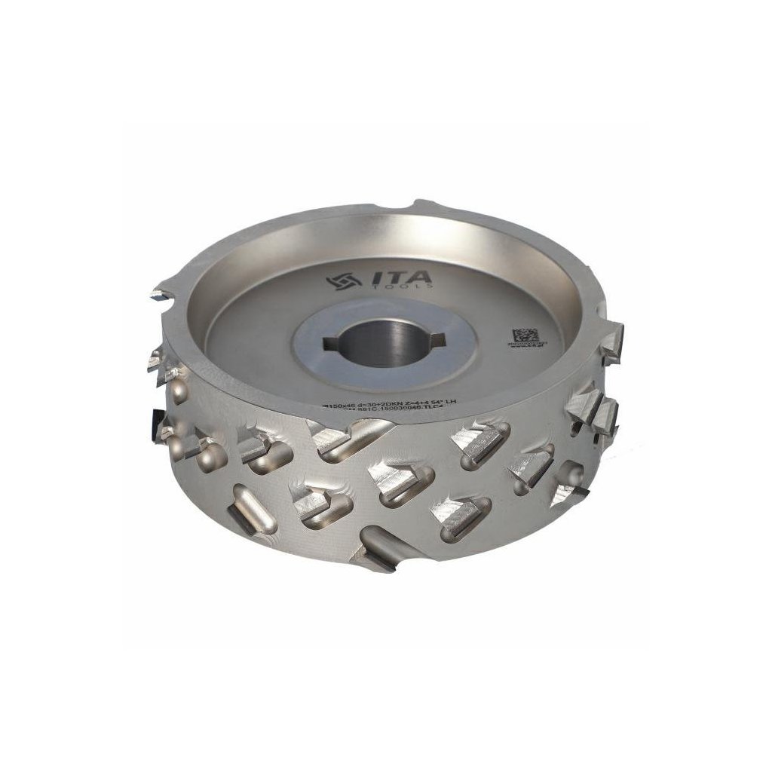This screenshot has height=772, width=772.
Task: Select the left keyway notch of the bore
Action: (x=331, y=345)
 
